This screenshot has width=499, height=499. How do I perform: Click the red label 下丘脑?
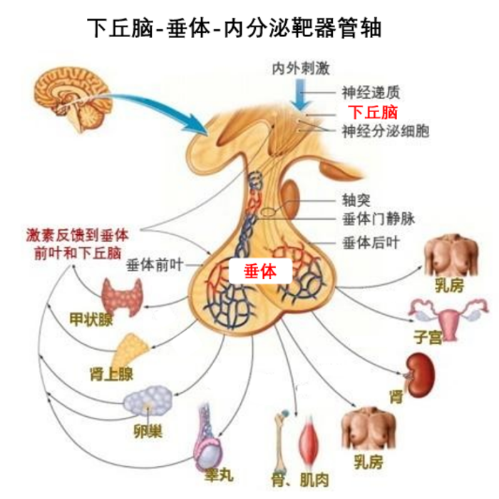click(x=372, y=111)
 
